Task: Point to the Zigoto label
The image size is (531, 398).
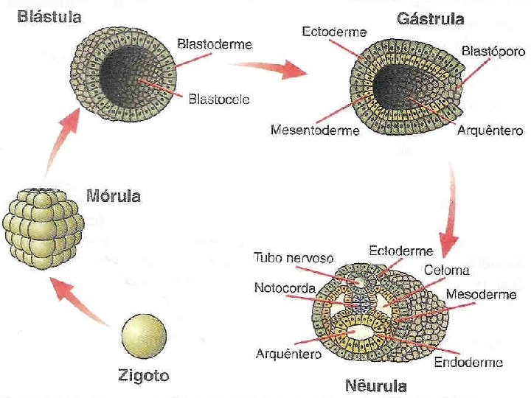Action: tap(144, 376)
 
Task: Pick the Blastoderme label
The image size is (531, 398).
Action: tap(215, 44)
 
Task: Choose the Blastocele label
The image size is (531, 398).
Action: tap(219, 97)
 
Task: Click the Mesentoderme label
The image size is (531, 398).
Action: tap(315, 131)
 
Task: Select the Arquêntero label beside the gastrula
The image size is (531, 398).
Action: tap(490, 131)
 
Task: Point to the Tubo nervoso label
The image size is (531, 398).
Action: tap(294, 259)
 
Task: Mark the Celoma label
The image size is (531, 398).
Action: tap(442, 271)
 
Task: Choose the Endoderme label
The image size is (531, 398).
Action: tap(468, 362)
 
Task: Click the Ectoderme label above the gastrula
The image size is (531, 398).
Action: tap(335, 32)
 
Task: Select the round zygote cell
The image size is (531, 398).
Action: tap(143, 337)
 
